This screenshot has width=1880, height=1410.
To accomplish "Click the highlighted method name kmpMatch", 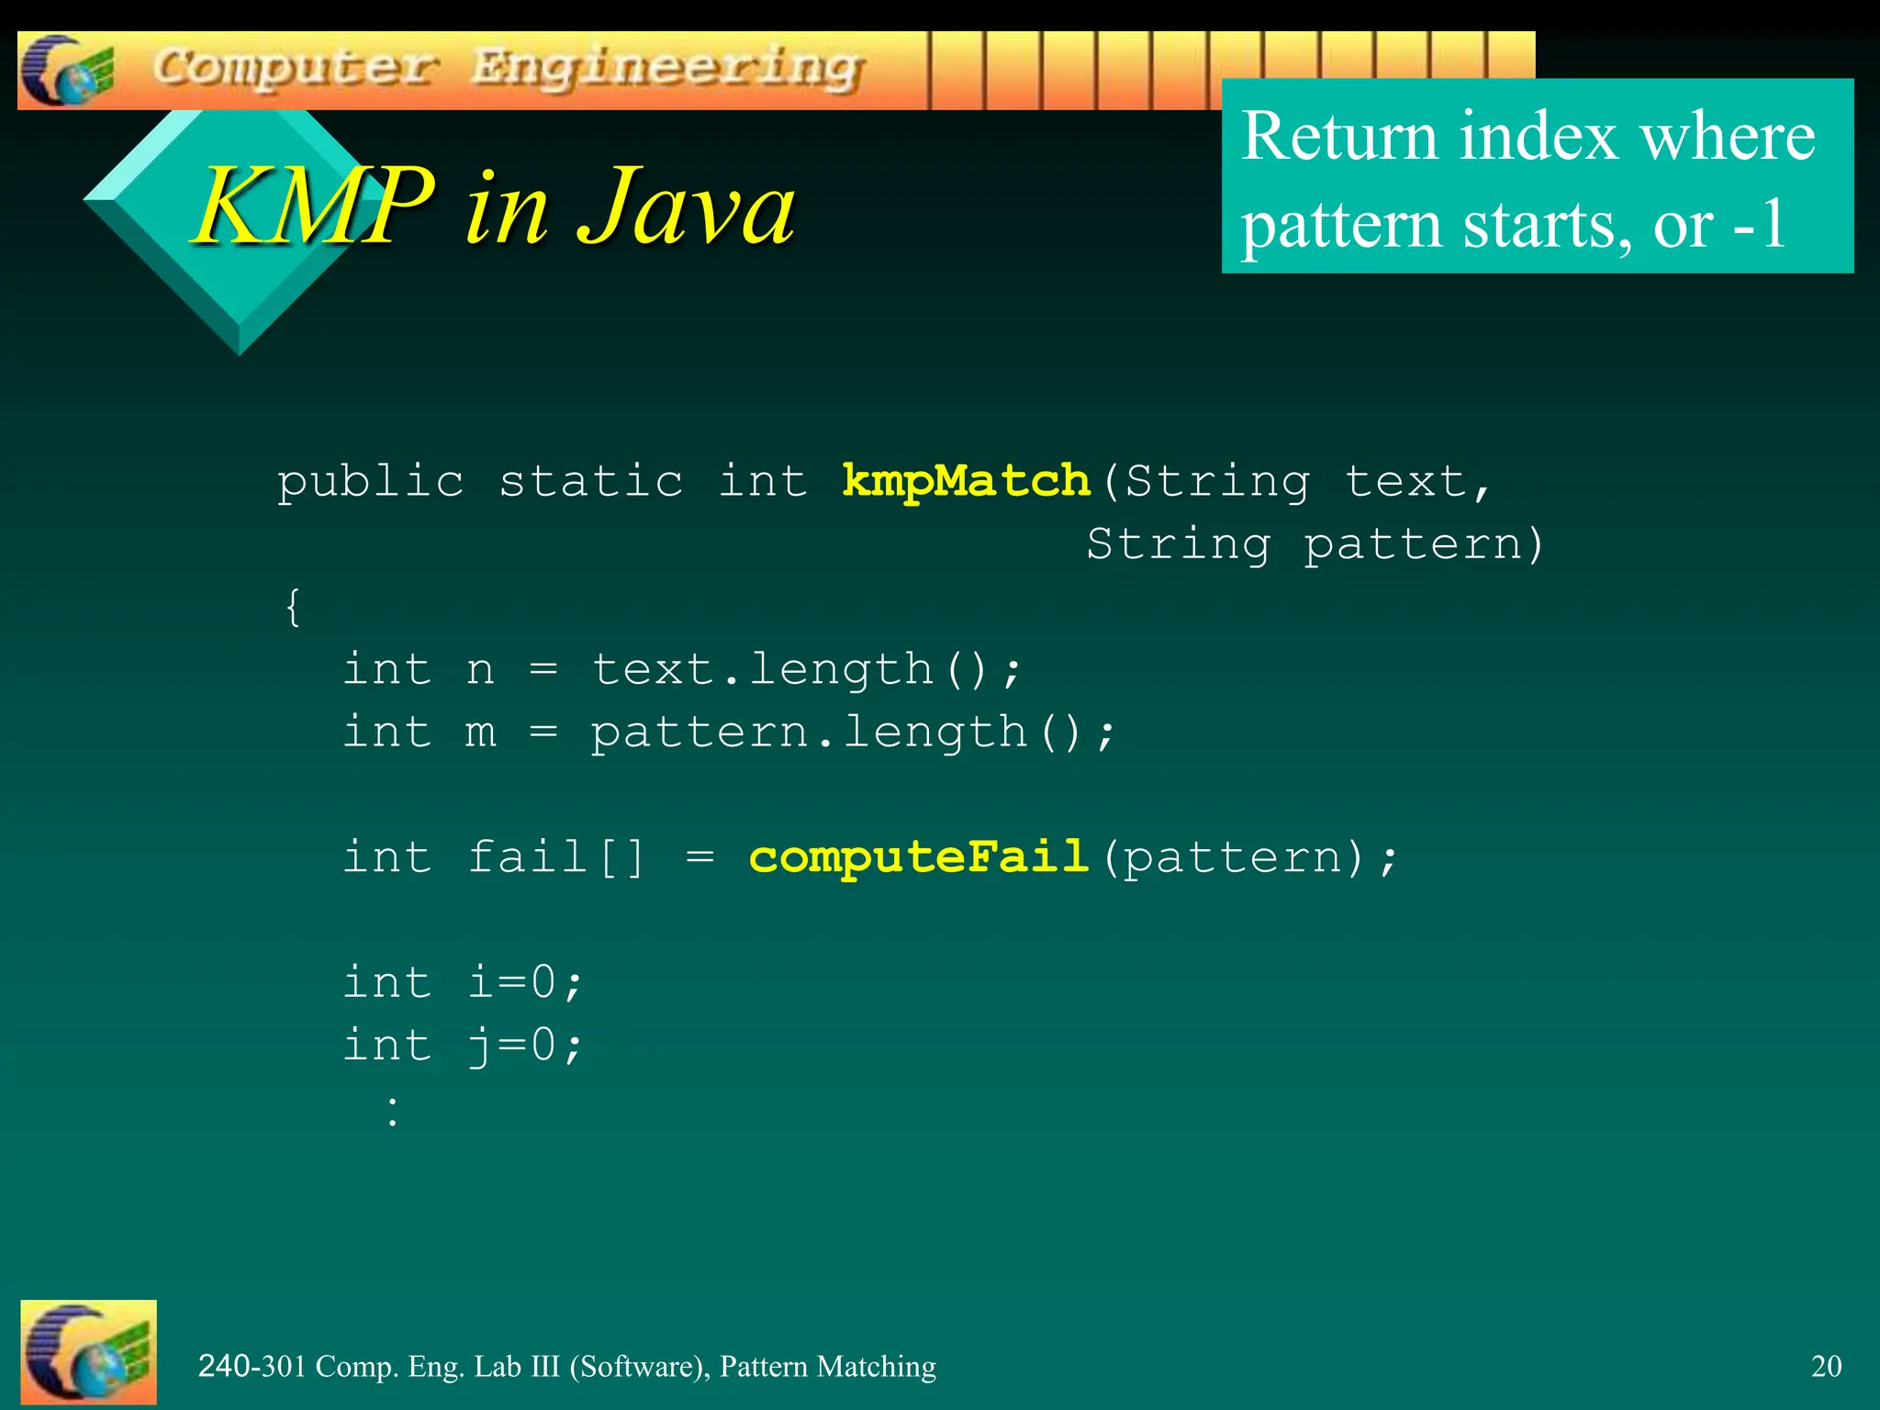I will click(966, 481).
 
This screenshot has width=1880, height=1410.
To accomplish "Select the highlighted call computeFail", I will click(918, 856).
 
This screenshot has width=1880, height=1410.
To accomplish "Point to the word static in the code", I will click(590, 481).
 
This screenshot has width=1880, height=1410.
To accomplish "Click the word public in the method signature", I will click(371, 481).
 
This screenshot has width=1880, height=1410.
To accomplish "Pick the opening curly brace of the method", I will click(293, 608).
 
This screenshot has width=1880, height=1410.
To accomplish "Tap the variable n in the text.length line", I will click(480, 669).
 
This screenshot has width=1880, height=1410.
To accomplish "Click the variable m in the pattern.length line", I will click(480, 733).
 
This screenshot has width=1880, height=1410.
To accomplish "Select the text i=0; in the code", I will click(525, 982).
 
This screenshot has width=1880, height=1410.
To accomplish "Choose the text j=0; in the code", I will click(525, 1046).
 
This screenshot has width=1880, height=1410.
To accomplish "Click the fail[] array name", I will click(556, 856).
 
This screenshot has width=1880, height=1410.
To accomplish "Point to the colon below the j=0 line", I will click(393, 1111).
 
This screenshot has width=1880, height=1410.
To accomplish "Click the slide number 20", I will click(1826, 1366).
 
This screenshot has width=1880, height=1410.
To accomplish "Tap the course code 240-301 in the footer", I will click(252, 1366).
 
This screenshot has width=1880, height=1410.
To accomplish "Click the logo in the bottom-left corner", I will click(88, 1351).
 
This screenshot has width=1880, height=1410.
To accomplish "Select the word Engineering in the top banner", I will click(667, 68).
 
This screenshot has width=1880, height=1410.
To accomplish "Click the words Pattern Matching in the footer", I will click(827, 1366).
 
